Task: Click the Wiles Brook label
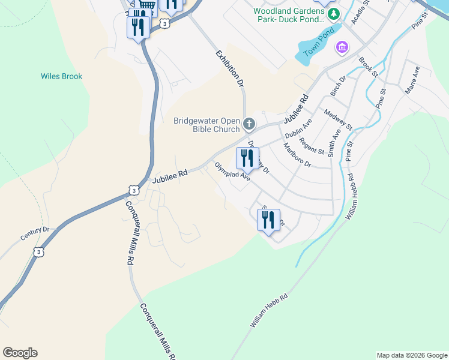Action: point(61,76)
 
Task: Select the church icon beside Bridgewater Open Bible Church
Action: point(249,124)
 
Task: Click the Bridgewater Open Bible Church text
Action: point(206,124)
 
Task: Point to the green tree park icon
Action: point(330,11)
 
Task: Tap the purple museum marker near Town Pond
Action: point(343,46)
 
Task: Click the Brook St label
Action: point(368,67)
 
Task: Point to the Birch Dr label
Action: point(339,86)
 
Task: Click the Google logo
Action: point(20,353)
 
